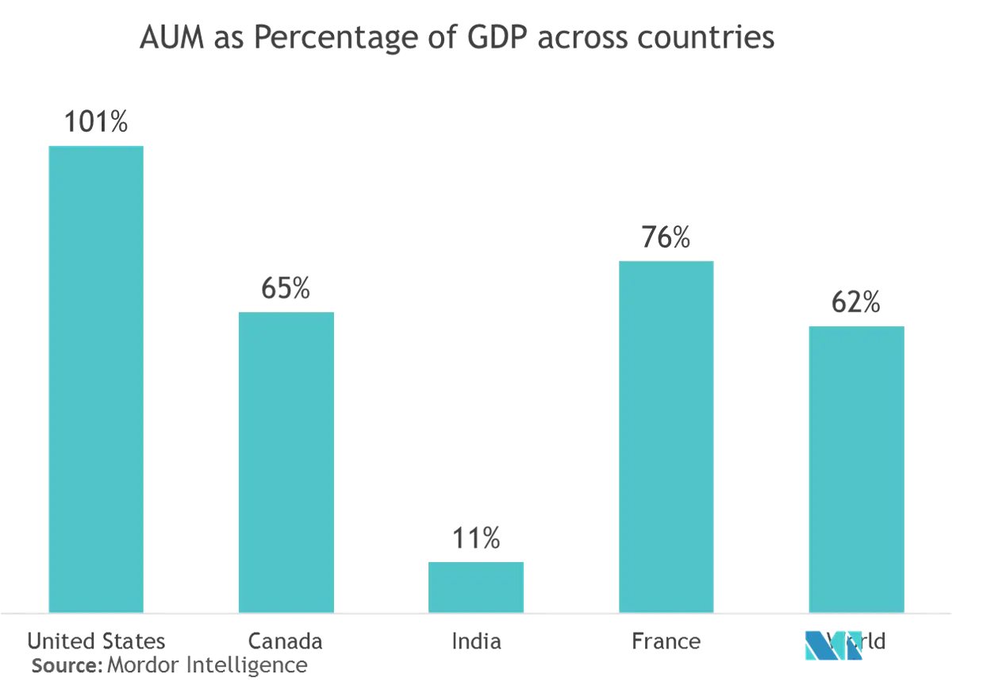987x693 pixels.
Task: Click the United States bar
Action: click(96, 377)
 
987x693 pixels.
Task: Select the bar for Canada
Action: click(286, 461)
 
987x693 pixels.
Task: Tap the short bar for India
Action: click(476, 586)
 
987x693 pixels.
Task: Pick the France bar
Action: click(666, 436)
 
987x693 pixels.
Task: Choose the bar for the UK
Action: click(856, 468)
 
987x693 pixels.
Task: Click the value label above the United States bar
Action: click(96, 123)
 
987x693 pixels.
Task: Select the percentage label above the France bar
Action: click(666, 237)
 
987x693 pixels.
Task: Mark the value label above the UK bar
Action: click(856, 304)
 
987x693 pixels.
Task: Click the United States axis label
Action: click(96, 641)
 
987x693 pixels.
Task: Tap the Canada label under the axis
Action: click(286, 641)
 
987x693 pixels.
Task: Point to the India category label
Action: click(476, 641)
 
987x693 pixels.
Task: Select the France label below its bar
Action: click(666, 641)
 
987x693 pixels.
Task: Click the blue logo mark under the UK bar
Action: click(833, 645)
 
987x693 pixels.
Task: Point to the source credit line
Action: click(171, 667)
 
